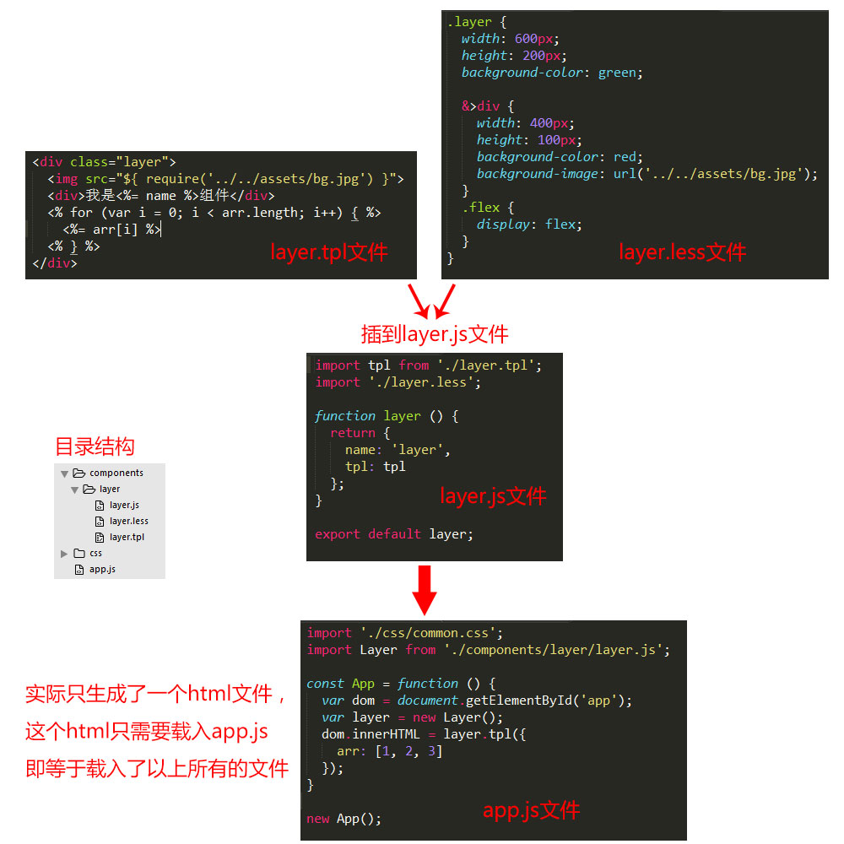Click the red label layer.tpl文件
328,252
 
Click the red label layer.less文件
682,252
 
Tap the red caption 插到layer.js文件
435,334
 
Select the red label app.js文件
531,811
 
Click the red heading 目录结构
95,446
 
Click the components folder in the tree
116,473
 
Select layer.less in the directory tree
128,521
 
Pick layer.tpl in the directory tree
126,537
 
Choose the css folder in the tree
95,553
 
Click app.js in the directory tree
102,569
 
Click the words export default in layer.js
367,534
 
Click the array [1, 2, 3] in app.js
408,751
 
